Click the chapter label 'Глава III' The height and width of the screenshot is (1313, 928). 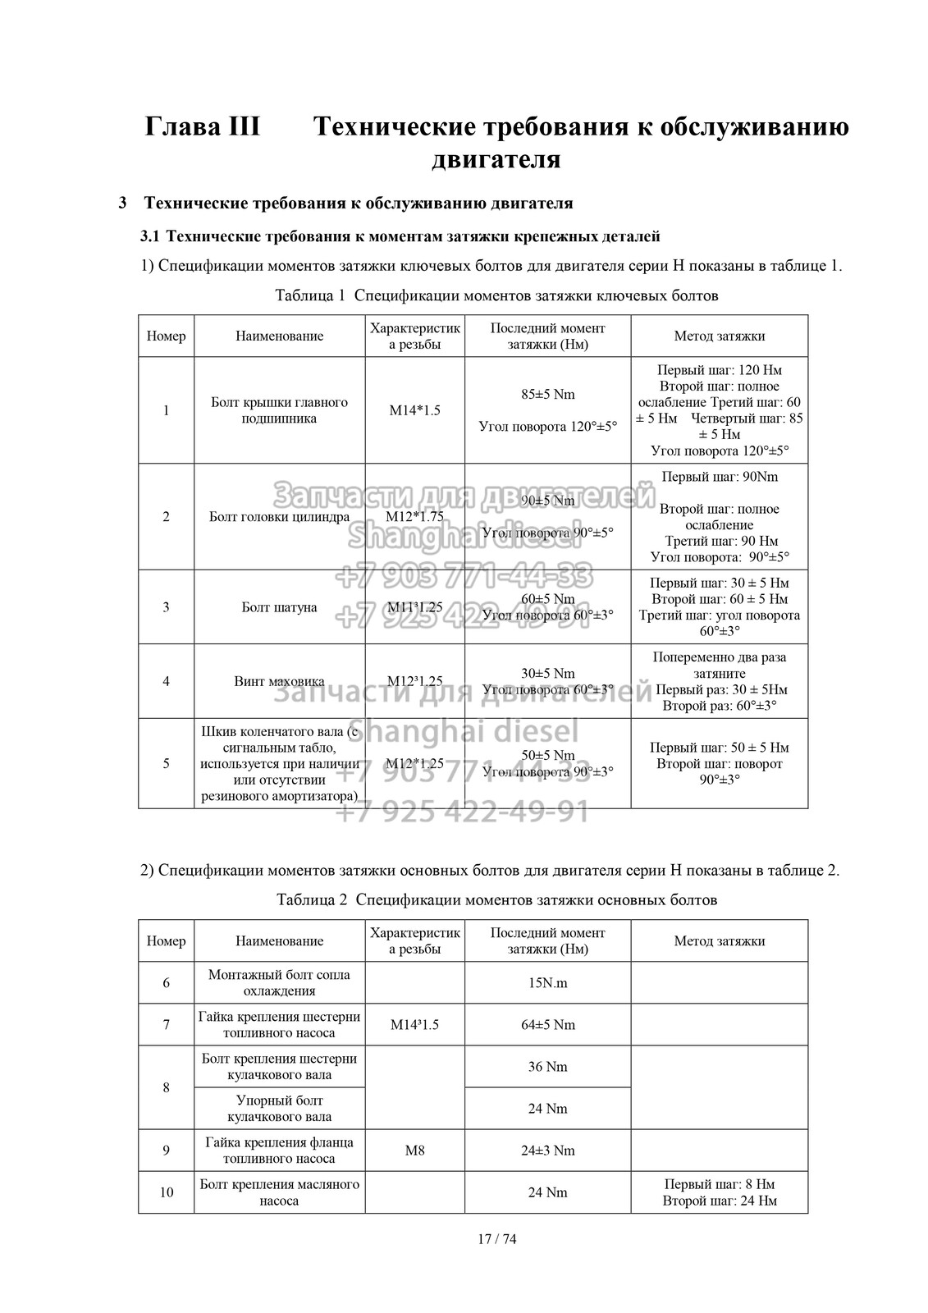202,128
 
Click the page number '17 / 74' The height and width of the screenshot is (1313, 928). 496,1238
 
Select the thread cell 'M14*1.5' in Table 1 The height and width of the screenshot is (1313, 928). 414,410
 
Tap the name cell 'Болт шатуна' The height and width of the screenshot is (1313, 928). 279,607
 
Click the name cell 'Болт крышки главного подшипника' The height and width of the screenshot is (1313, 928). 279,410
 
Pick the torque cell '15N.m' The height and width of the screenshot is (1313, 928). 547,983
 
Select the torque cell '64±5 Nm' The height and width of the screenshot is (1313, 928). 547,1025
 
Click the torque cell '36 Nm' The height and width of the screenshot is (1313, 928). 547,1067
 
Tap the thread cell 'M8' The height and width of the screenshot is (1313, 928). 414,1151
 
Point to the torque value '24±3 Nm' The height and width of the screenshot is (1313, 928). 547,1151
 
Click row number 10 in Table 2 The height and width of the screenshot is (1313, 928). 166,1192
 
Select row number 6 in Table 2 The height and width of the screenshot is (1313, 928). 166,983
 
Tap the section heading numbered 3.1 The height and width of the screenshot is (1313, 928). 400,237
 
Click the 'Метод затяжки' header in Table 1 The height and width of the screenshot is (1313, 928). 719,336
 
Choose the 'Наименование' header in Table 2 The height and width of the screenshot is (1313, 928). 279,941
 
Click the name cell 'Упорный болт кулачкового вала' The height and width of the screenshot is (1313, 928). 279,1109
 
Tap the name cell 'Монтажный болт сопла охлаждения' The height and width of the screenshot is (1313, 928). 279,983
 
